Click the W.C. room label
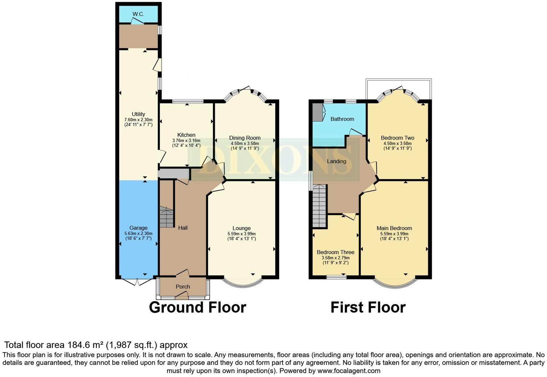coord(138,14)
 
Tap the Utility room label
coord(138,114)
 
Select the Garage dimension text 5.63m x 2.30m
coord(138,233)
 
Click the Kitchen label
coord(186,135)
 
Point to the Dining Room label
coord(245,138)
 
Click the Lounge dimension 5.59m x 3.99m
coord(241,233)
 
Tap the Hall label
coord(183,228)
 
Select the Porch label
coord(183,287)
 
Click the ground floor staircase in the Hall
coord(166,217)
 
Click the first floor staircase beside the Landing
coord(319,206)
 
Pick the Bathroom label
coord(342,119)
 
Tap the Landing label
coord(336,161)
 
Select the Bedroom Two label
coord(397,138)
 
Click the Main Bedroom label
coord(394,228)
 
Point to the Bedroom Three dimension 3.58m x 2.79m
coord(335,258)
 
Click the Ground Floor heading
coord(198,308)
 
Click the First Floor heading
coord(368,308)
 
